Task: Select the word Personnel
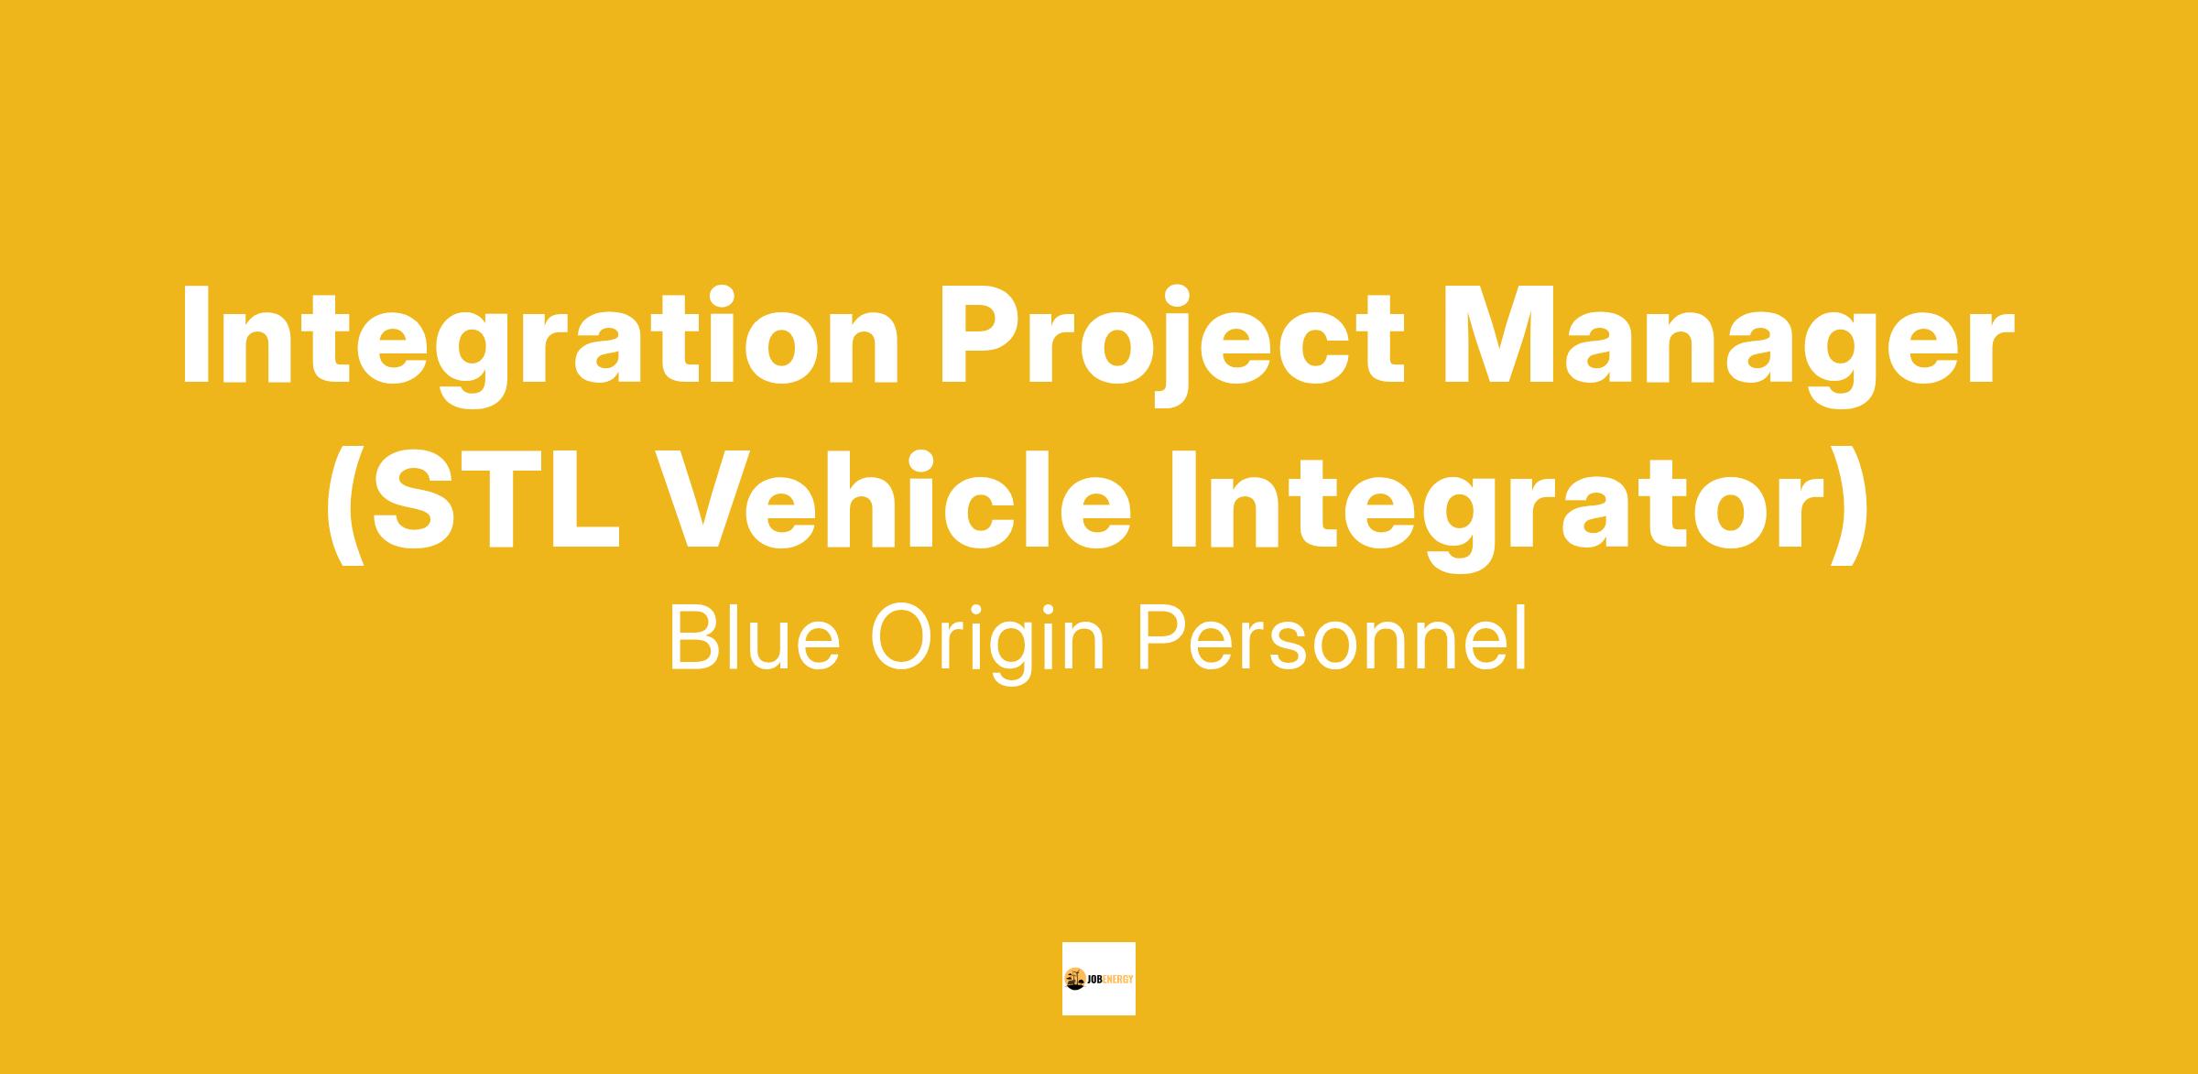point(1333,637)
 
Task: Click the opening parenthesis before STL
point(346,506)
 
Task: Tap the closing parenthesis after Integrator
point(1850,506)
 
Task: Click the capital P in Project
point(978,336)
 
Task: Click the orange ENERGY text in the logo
point(1119,979)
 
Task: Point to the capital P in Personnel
point(1164,637)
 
